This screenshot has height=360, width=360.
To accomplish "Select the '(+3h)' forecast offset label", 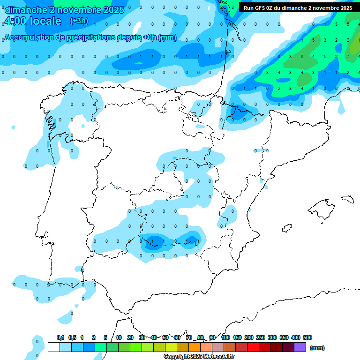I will (x=79, y=21).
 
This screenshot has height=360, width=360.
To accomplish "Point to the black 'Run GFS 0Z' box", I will (x=298, y=7).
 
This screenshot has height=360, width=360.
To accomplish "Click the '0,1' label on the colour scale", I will (x=60, y=337).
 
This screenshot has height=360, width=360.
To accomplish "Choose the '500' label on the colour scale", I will (x=307, y=337).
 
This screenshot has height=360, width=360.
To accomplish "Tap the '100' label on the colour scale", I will (x=225, y=337).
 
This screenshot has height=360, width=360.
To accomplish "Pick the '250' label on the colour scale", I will (x=261, y=337).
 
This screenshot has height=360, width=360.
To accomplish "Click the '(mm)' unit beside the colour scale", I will (x=317, y=348).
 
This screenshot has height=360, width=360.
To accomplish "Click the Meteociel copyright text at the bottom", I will (x=199, y=357).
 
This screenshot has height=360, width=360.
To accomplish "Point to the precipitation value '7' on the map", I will (x=347, y=57).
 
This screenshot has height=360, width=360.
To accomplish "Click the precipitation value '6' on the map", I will (x=302, y=57).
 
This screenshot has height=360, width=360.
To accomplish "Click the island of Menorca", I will (x=347, y=199).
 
